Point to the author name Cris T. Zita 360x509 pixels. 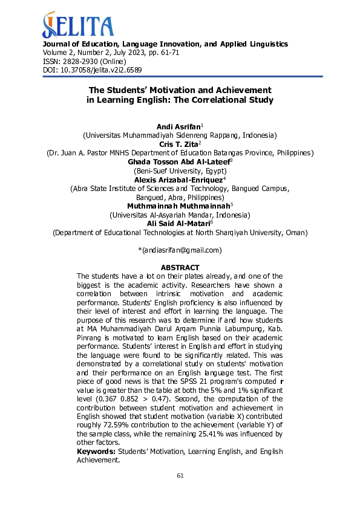(178, 144)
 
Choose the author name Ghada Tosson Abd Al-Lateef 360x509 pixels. (178, 162)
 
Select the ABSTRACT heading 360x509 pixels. (180, 268)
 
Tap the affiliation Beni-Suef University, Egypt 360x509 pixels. (180, 171)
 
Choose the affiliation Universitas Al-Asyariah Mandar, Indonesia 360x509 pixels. (180, 215)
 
